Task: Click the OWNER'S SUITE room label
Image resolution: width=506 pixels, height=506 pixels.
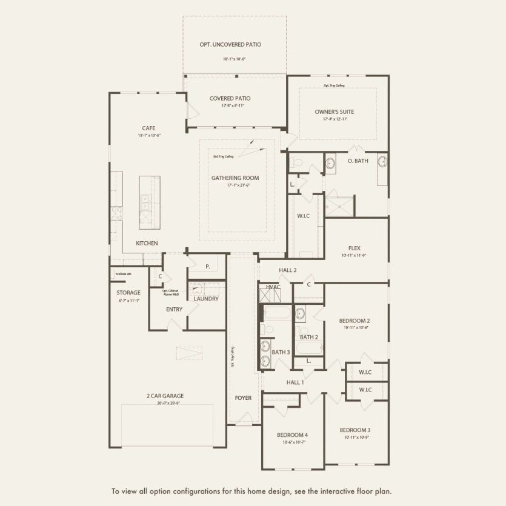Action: click(334, 112)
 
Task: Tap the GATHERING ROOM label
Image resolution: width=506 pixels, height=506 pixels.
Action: click(235, 178)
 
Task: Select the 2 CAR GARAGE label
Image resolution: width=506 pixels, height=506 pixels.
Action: click(164, 396)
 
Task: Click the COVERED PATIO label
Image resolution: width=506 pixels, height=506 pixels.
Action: click(230, 98)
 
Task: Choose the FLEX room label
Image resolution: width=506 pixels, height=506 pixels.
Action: click(355, 248)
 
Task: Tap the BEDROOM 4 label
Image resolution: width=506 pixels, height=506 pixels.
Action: click(293, 435)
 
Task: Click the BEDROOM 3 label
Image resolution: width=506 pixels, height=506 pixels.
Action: click(355, 430)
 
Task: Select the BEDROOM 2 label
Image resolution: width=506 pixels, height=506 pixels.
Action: click(355, 321)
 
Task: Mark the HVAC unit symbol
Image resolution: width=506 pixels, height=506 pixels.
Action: click(270, 296)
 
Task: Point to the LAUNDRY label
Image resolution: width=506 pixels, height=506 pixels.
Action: click(206, 299)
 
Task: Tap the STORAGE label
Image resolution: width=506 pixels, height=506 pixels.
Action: click(128, 293)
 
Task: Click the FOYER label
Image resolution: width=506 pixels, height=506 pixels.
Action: click(243, 398)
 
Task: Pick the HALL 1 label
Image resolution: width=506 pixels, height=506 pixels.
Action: click(295, 382)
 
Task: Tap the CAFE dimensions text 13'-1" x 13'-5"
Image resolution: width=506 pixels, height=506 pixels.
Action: click(148, 136)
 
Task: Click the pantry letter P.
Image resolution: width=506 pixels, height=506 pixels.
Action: click(207, 266)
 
